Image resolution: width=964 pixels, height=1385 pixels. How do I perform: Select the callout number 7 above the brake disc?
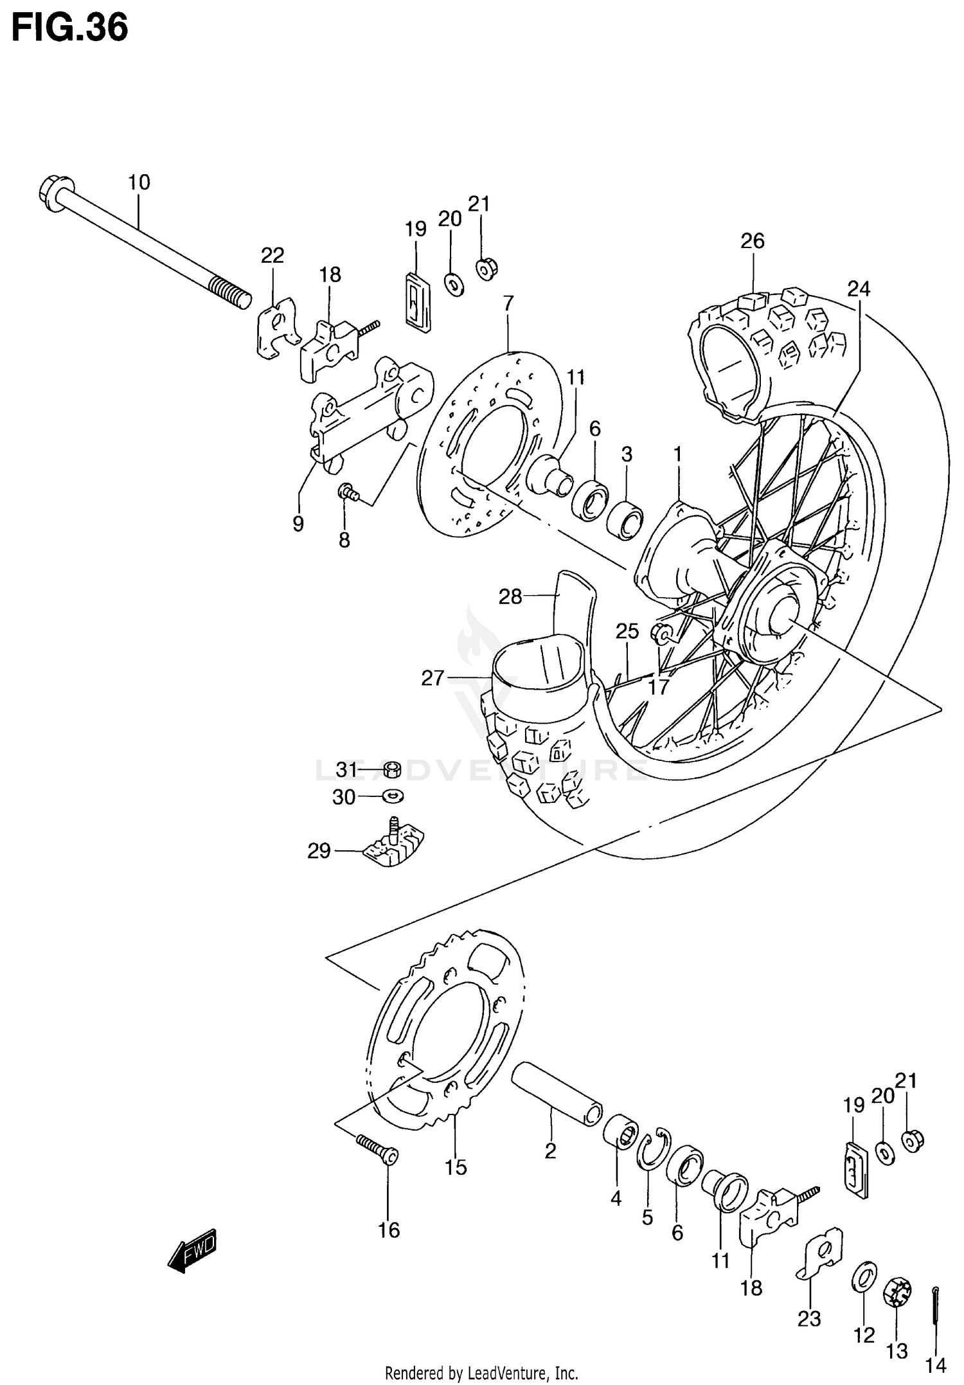pos(508,303)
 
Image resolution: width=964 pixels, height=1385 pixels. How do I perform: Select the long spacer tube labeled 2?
pos(557,1093)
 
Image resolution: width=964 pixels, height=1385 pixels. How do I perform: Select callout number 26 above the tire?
pos(752,241)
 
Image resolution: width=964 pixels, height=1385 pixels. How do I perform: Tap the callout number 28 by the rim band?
pos(510,597)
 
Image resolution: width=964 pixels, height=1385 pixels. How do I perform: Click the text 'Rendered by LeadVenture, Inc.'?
pos(481,1373)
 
